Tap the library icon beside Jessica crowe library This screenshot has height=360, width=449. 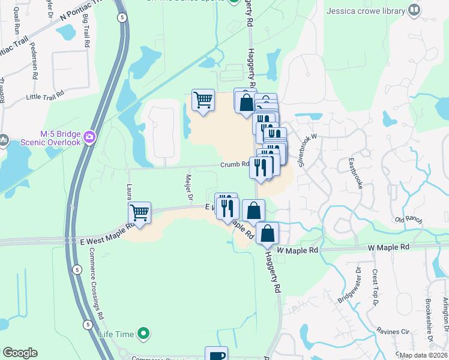click(x=414, y=10)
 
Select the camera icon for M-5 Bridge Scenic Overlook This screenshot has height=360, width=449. click(x=90, y=137)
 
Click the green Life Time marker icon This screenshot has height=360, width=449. click(x=143, y=333)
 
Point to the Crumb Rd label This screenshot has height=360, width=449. click(x=234, y=164)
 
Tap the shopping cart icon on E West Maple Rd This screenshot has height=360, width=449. click(x=139, y=212)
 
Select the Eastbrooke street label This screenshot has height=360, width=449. click(x=355, y=175)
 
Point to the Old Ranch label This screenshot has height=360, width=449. click(x=408, y=220)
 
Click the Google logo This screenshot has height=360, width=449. click(x=20, y=353)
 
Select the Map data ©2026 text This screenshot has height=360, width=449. click(x=423, y=355)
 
